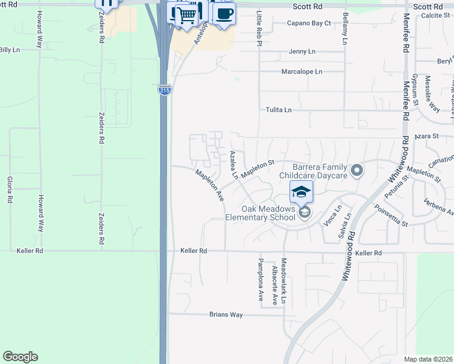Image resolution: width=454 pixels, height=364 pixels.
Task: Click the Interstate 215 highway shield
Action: pos(164,90)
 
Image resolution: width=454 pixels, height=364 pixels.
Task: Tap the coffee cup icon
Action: pos(224,13)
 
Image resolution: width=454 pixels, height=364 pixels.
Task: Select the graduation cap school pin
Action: pos(301,192)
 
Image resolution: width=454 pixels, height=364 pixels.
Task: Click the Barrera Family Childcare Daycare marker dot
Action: pos(357,171)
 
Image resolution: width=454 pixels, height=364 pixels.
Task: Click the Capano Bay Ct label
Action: pos(309,24)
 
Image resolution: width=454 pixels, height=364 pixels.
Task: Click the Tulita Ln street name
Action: pos(279,110)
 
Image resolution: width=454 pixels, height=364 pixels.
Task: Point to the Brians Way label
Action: pos(226,315)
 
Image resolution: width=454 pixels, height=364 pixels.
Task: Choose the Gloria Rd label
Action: pos(10,190)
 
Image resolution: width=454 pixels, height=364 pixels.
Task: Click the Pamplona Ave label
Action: pos(260,284)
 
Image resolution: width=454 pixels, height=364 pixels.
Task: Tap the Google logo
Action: pos(20,357)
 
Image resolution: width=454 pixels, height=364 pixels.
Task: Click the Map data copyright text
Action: pos(427,359)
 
